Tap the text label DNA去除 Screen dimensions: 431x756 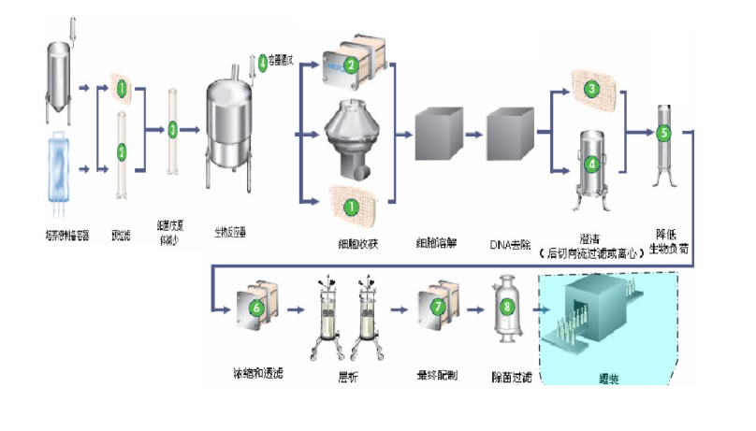509,245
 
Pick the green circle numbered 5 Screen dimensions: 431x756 664,133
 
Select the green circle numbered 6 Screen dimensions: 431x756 258,306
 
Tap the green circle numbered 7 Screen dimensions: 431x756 436,306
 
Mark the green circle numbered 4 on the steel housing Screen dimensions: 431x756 591,163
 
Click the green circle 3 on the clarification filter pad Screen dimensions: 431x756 591,90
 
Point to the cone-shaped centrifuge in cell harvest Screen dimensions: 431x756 348,140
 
